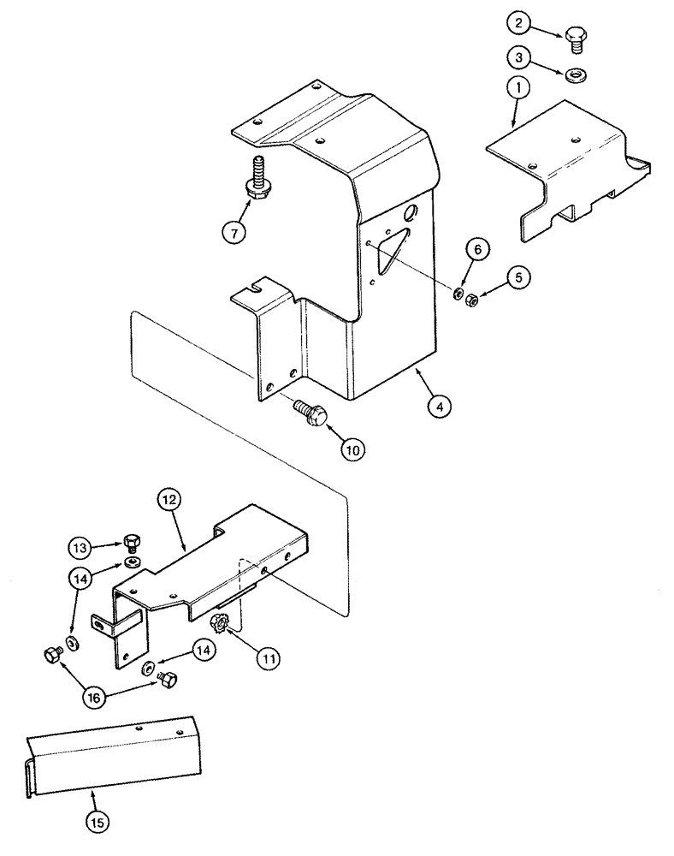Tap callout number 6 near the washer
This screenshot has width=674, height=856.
pyautogui.click(x=477, y=250)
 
